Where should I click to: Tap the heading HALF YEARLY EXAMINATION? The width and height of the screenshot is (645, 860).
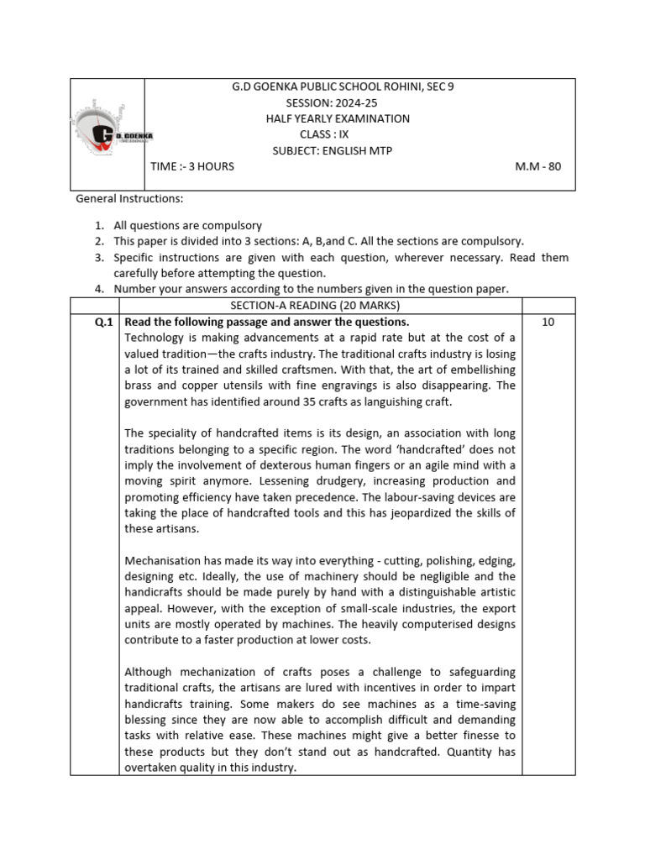click(338, 118)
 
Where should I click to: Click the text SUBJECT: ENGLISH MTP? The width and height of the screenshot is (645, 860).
click(332, 150)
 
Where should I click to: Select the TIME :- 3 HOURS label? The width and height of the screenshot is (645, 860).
click(192, 166)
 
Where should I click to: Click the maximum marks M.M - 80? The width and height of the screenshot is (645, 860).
click(537, 166)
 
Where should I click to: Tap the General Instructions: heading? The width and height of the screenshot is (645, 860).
click(129, 198)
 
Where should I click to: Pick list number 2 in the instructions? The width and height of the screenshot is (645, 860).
click(98, 241)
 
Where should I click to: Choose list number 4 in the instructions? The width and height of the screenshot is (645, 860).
click(98, 289)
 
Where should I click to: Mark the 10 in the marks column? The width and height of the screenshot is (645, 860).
click(548, 322)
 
